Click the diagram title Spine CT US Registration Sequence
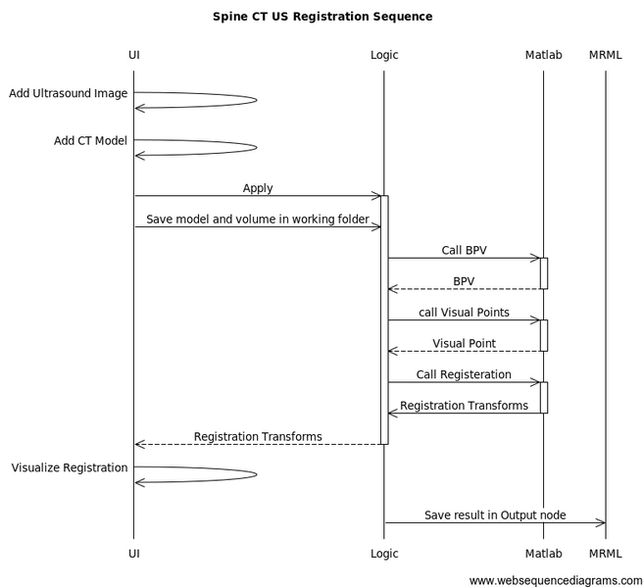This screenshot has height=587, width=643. point(321,17)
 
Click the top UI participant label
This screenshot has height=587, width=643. point(134,55)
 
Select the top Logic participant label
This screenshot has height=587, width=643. point(384,55)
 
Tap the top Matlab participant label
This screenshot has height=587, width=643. point(543,55)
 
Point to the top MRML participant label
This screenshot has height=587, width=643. point(605,55)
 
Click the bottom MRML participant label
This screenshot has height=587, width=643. point(605,554)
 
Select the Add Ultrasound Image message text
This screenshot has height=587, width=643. point(69,94)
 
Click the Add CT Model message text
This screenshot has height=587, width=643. point(90,141)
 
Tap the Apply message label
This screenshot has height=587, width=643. point(258,188)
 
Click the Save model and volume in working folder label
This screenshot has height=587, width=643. point(258,220)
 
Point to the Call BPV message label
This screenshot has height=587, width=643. point(464,251)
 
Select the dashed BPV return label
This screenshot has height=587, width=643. point(464,281)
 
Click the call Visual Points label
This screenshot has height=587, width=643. point(464,313)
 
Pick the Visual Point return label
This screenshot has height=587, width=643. point(464,344)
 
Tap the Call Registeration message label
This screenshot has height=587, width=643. point(464,374)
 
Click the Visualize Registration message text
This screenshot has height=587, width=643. point(70,468)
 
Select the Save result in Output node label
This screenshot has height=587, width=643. point(495,515)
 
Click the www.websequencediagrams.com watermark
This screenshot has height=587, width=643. point(555,580)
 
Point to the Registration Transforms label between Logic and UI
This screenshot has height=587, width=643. point(258,437)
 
